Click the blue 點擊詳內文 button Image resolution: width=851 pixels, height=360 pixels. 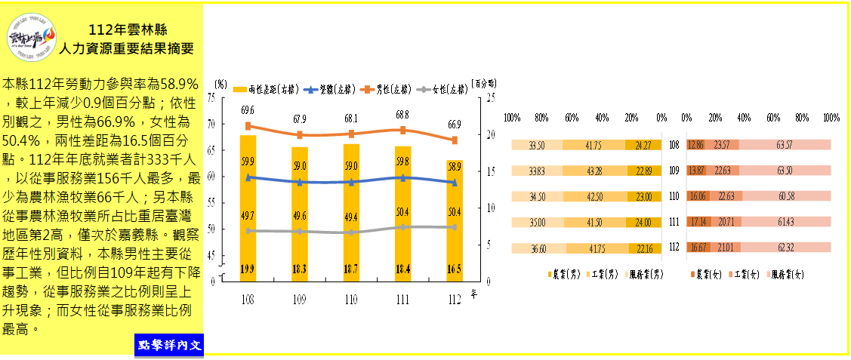tap(170, 346)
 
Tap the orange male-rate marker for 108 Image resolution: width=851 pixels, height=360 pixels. tap(248, 126)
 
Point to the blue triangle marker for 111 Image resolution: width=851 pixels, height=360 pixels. tap(402, 177)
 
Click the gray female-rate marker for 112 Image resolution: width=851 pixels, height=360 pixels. tap(454, 226)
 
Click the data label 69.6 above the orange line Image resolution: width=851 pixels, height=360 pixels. tap(248, 111)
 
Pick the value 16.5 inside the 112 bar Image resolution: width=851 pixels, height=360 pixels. tap(454, 268)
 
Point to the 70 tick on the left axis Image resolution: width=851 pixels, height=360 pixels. tap(211, 124)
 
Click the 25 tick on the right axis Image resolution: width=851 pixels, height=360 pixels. tap(490, 97)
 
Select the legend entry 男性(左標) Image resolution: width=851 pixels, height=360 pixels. tap(384, 89)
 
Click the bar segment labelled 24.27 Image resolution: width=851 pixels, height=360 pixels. tap(644, 145)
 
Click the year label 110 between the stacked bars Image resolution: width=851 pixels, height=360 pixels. tap(675, 196)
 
